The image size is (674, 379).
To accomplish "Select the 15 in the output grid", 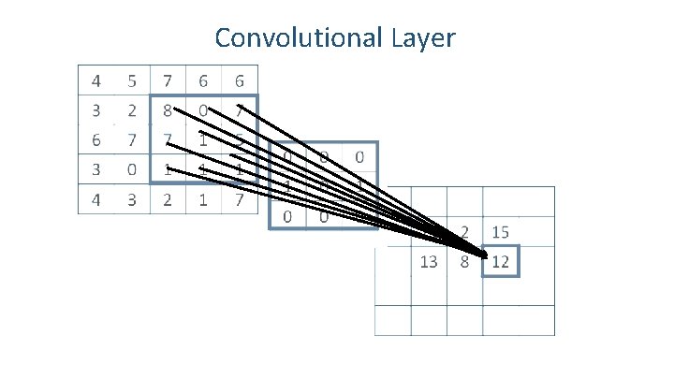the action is click(500, 231).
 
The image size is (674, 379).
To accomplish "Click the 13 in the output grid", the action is click(429, 262).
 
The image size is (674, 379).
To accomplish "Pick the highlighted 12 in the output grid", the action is click(500, 262).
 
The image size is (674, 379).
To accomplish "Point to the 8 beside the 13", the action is click(463, 262).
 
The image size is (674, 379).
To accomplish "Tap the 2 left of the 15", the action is click(464, 231).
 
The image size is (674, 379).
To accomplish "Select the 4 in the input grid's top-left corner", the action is click(95, 80).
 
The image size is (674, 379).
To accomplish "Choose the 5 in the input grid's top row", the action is click(132, 80).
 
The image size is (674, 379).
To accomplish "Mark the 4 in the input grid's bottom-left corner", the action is click(95, 199).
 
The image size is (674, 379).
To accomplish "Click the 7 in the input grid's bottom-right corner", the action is click(241, 199).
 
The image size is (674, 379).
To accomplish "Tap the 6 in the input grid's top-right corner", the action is click(241, 80).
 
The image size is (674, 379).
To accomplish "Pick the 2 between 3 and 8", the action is click(132, 110).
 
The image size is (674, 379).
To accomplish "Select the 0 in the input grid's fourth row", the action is click(132, 170).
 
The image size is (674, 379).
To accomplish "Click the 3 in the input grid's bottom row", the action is click(132, 199).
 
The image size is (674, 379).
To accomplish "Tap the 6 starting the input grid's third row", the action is click(95, 140).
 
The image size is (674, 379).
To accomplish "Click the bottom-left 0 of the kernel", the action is click(287, 217).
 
